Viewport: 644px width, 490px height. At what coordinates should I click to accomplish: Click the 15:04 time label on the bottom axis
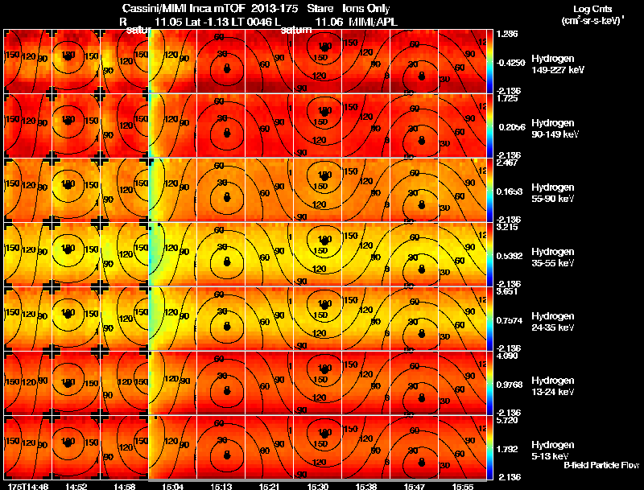[173, 486]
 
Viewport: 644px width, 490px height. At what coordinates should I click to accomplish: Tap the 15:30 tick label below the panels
[317, 486]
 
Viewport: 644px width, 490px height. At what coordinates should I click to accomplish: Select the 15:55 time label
[462, 486]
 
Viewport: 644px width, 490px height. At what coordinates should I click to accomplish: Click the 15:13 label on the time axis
[221, 486]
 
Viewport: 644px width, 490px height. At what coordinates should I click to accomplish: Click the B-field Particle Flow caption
[601, 465]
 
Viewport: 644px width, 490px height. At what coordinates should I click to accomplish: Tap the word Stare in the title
[320, 8]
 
